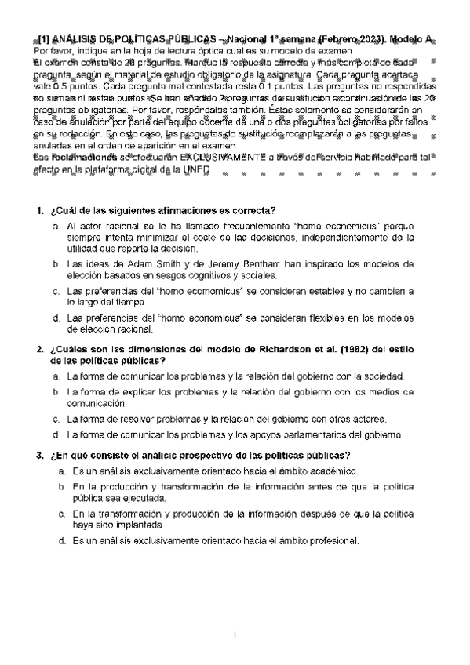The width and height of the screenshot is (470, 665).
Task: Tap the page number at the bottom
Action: (235, 633)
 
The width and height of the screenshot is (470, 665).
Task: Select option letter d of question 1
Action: (56, 318)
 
